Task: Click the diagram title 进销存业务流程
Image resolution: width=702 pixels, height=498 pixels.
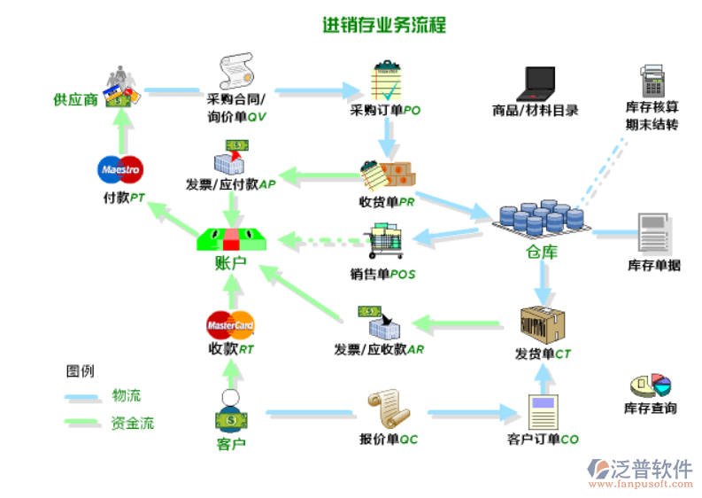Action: [x=384, y=25]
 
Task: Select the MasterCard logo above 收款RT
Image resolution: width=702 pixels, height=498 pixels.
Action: [x=230, y=322]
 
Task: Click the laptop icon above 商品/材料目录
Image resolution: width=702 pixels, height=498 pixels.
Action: [x=536, y=82]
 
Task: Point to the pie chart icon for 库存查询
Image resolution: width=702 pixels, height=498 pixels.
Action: [x=650, y=385]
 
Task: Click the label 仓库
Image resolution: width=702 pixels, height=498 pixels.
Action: [x=542, y=252]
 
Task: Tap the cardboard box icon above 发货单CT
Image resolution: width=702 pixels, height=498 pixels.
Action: [x=543, y=324]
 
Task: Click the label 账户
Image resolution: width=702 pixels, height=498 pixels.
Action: [x=230, y=263]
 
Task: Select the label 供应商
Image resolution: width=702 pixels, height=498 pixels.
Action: [x=75, y=99]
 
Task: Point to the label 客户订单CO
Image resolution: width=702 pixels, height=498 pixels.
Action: [x=543, y=440]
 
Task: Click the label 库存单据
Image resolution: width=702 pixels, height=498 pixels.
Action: [x=654, y=265]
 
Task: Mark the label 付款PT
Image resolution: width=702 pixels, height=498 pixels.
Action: [x=123, y=198]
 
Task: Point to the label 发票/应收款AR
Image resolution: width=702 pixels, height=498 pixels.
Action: [x=379, y=349]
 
